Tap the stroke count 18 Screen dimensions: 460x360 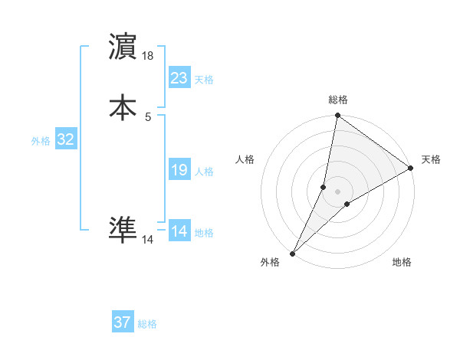149,57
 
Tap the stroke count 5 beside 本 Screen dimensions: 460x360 148,116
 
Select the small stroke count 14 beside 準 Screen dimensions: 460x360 148,240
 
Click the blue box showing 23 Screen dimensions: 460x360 179,78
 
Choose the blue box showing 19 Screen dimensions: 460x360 179,170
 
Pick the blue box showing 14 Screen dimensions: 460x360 179,231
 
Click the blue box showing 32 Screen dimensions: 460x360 66,139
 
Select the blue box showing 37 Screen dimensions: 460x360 123,322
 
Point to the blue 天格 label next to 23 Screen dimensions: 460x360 204,80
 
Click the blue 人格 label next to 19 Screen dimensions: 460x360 204,172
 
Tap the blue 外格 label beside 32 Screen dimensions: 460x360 41,141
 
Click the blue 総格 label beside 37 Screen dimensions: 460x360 147,324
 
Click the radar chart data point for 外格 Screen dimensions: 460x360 292,254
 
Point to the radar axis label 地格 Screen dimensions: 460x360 402,263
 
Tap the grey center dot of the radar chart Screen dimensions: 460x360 338,191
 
